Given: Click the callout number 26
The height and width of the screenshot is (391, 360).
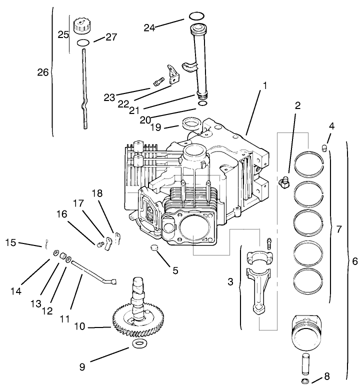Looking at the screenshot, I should (x=43, y=72).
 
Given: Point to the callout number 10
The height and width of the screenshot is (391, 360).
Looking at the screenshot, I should (x=80, y=326).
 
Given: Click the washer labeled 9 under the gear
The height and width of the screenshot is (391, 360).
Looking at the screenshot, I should (x=138, y=344).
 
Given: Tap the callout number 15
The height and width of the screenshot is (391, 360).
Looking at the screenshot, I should (x=11, y=243).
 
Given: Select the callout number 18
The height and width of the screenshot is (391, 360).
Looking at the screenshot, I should (x=96, y=193).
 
